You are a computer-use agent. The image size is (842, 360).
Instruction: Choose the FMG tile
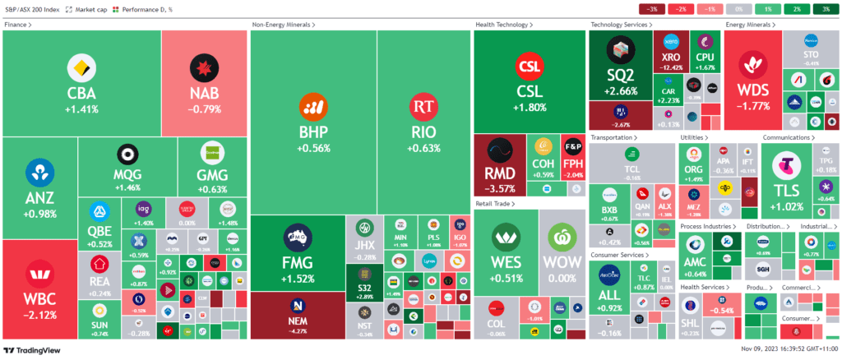click(x=296, y=251)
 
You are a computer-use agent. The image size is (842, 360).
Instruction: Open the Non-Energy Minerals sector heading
click(x=283, y=25)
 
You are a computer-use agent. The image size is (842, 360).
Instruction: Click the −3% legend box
click(x=652, y=8)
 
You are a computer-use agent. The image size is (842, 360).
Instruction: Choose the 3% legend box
click(x=824, y=8)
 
